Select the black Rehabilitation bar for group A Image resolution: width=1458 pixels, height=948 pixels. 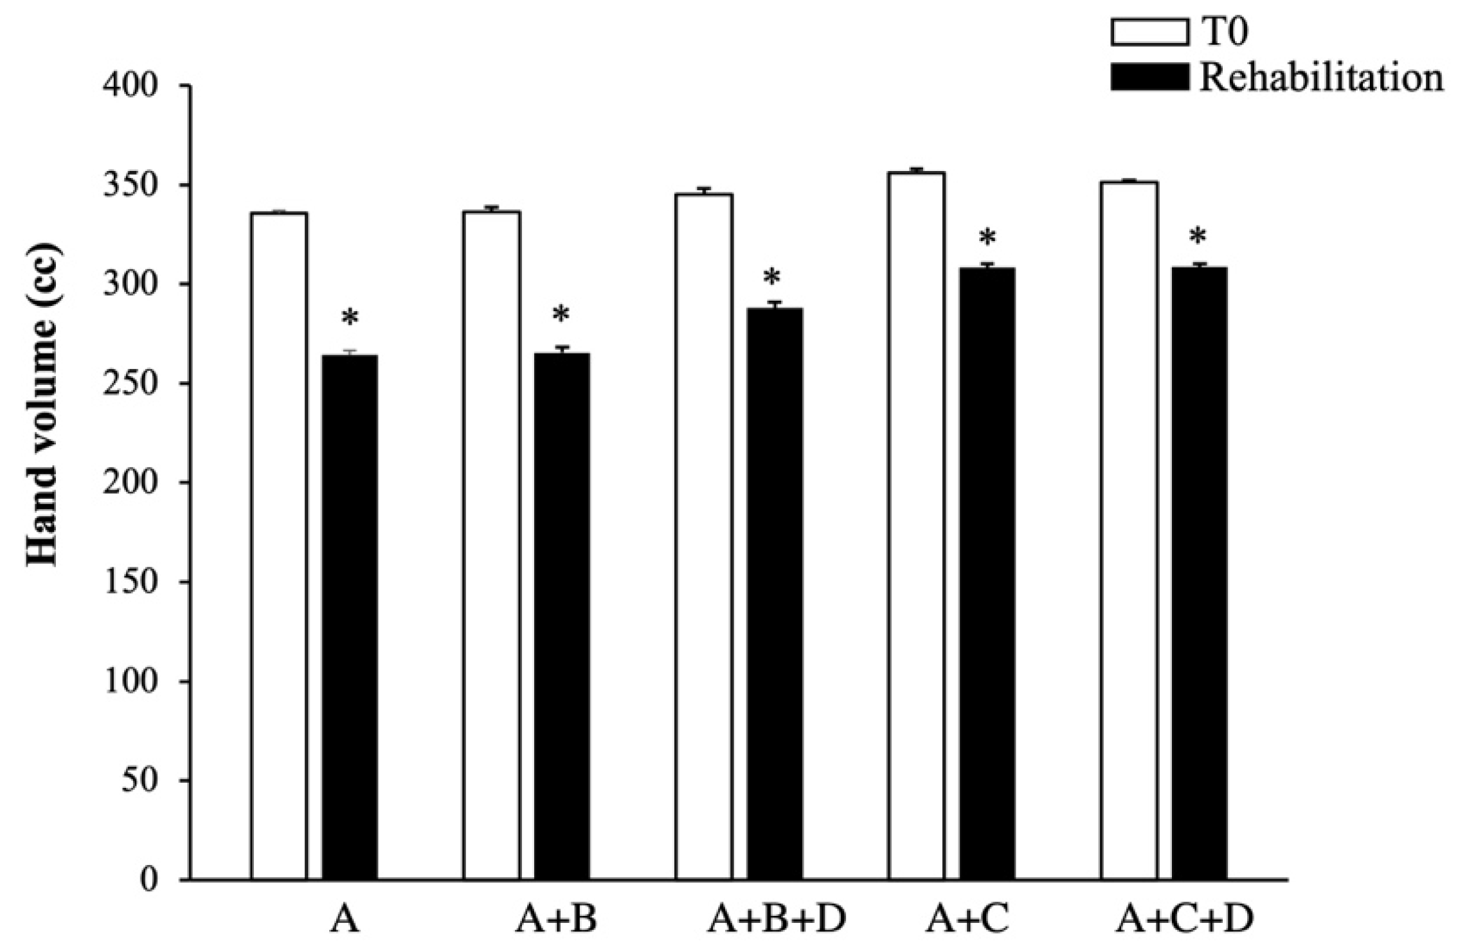pos(349,617)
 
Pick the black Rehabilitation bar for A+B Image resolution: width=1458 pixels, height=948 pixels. pos(562,617)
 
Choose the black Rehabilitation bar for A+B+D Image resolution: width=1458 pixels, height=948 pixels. pos(774,594)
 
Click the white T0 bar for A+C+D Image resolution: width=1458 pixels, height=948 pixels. pos(1129,530)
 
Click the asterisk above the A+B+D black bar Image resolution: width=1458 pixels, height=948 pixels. pos(771,280)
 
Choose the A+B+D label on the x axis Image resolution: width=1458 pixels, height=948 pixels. pos(777,920)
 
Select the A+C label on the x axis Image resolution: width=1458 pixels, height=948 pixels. pos(967,920)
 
